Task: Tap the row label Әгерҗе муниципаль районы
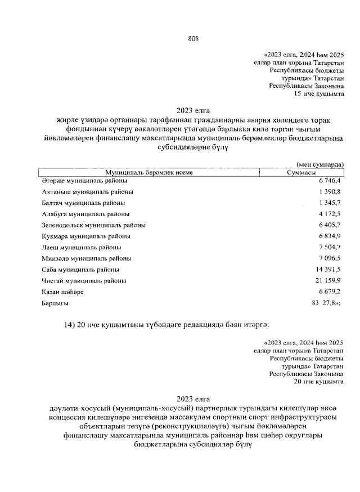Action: click(x=84, y=181)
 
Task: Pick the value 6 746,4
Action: click(x=328, y=181)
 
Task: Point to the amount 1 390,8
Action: click(x=328, y=192)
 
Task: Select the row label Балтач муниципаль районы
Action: click(x=83, y=203)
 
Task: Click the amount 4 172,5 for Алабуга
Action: click(x=328, y=214)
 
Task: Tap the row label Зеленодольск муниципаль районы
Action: click(x=93, y=225)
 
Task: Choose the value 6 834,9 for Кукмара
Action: click(x=328, y=236)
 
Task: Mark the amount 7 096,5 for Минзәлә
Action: click(x=328, y=258)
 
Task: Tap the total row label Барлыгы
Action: click(x=55, y=303)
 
